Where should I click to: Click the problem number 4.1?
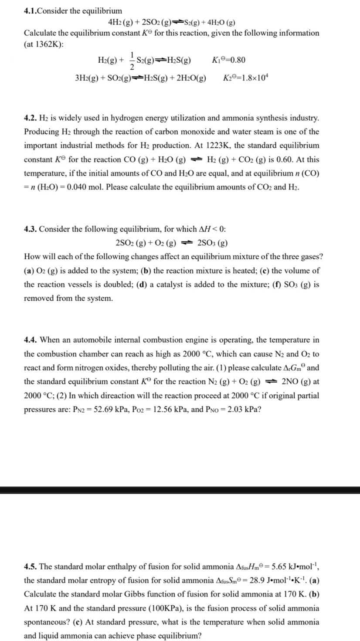pyautogui.click(x=30, y=10)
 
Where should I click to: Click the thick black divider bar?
pyautogui.click(x=180, y=490)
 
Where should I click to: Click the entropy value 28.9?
pyautogui.click(x=244, y=581)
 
